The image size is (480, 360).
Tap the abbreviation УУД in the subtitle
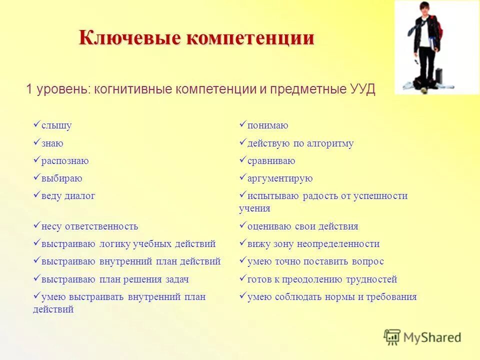(x=360, y=89)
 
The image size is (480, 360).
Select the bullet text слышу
(x=56, y=125)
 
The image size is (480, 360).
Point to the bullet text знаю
(x=52, y=143)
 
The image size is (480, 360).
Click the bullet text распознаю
(x=65, y=161)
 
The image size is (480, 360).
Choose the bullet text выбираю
(x=62, y=178)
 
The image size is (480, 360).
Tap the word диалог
(x=79, y=196)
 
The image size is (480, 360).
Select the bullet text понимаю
(x=267, y=125)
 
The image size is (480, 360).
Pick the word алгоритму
(x=330, y=143)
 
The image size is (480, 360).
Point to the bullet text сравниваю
(x=271, y=161)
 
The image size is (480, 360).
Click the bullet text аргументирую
(x=280, y=178)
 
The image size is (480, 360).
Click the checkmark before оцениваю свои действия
(x=242, y=225)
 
